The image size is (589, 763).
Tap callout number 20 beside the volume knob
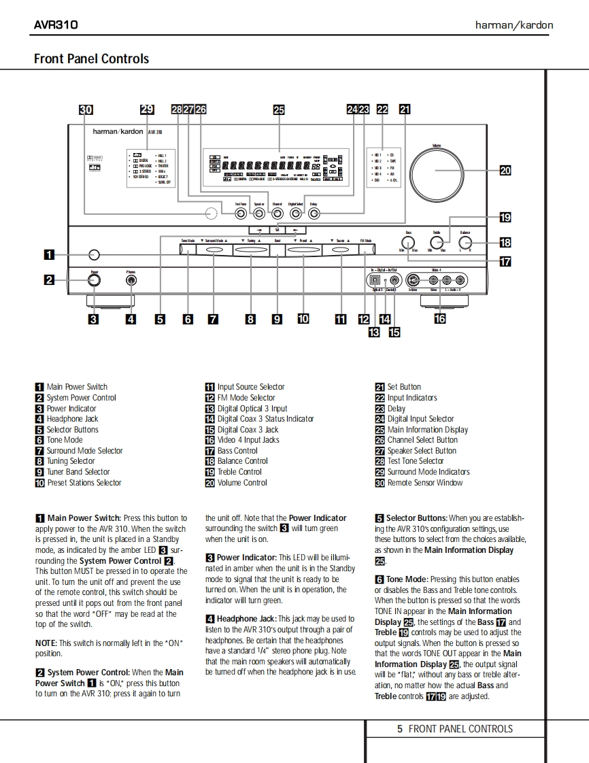(505, 171)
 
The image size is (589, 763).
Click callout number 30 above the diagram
(86, 109)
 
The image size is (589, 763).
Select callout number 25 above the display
(278, 109)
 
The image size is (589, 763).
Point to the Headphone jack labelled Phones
(131, 279)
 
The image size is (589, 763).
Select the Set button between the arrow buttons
(277, 230)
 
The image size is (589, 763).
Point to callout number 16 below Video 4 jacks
(440, 317)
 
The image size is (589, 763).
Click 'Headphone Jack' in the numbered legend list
(72, 419)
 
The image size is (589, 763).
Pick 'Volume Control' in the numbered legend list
(242, 483)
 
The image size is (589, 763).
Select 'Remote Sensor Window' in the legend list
(424, 483)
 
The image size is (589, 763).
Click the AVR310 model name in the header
(56, 25)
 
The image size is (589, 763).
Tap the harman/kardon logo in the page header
(514, 25)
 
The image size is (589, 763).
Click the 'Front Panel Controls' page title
(91, 58)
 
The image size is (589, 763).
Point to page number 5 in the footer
(400, 729)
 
